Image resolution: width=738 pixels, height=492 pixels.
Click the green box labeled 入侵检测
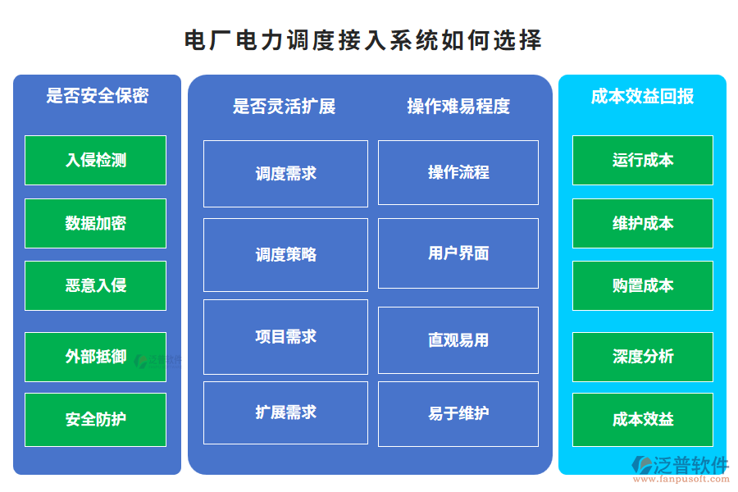tap(95, 160)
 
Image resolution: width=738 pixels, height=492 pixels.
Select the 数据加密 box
tap(95, 223)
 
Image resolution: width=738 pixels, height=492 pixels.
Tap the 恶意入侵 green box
tap(95, 285)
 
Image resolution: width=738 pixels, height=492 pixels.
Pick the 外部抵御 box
tap(95, 357)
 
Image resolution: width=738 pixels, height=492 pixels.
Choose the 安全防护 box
tap(95, 419)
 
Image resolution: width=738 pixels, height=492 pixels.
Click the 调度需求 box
tap(285, 173)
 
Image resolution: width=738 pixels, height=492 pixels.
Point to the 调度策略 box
tap(285, 254)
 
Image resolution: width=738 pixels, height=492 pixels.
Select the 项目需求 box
tap(285, 336)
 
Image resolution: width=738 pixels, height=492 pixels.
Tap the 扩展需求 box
tap(285, 412)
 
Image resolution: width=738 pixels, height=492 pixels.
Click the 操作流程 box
tap(458, 172)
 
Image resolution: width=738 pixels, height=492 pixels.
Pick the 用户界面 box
tap(458, 253)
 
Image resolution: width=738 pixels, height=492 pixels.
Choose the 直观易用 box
tap(458, 339)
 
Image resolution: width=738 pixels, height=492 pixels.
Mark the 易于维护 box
tap(458, 413)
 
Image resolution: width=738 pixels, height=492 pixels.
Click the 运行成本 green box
tap(643, 160)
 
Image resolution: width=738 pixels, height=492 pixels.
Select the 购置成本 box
tap(643, 285)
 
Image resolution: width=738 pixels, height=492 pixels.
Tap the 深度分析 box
tap(643, 357)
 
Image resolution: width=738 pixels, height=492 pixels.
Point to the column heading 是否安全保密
tap(97, 96)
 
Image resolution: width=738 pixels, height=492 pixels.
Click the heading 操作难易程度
tap(458, 107)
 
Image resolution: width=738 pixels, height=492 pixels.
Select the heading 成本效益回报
tap(643, 96)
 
